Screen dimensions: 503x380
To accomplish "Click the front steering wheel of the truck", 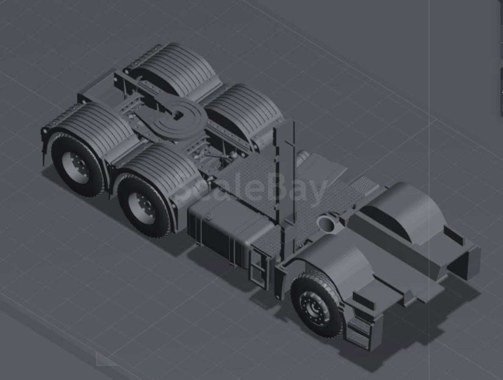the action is point(316,304).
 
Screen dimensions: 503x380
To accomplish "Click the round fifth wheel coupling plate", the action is point(176,115).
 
